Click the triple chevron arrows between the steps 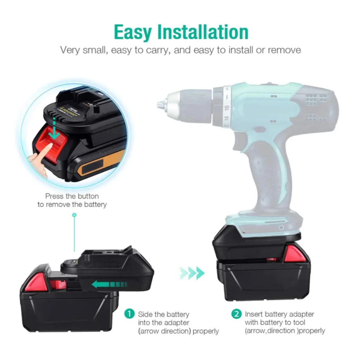192,273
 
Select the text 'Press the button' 72,196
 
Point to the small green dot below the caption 74,215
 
